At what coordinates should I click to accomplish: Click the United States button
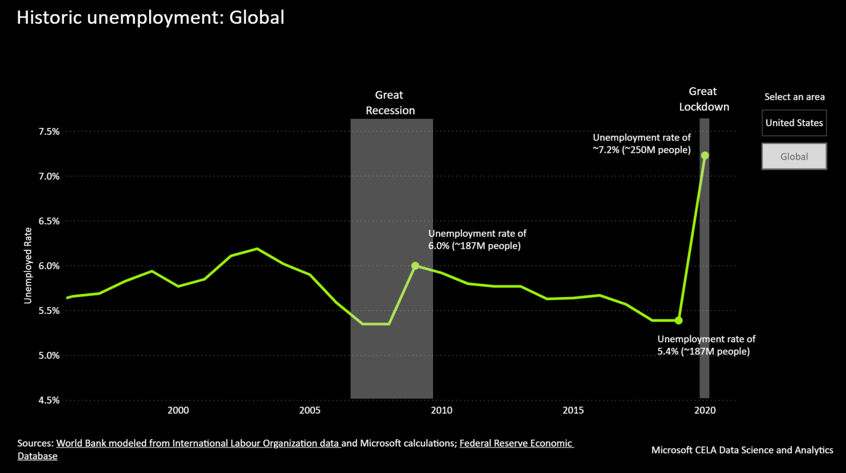point(794,123)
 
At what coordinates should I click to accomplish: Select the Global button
point(794,156)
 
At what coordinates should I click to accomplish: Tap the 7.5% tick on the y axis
point(49,132)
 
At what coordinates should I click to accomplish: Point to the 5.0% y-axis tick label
point(49,356)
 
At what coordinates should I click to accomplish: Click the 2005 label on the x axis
point(310,411)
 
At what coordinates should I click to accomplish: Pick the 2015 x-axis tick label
point(573,411)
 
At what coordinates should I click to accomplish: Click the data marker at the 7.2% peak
point(705,155)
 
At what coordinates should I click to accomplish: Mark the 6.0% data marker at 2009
point(415,266)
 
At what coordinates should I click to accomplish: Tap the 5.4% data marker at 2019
point(679,320)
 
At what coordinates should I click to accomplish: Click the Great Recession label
point(390,103)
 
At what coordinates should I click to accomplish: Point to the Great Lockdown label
point(704,99)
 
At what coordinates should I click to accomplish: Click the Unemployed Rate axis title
point(28,266)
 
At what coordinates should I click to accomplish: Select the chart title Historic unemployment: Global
point(151,17)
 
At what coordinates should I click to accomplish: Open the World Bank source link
point(198,443)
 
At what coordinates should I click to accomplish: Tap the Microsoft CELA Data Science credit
point(742,450)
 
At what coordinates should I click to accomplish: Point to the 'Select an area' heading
point(794,97)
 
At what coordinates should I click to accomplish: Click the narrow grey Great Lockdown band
point(704,264)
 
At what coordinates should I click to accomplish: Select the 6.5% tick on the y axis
point(49,221)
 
